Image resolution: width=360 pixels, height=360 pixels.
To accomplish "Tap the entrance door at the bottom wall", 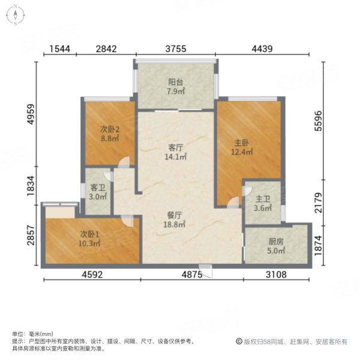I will [206, 271].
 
